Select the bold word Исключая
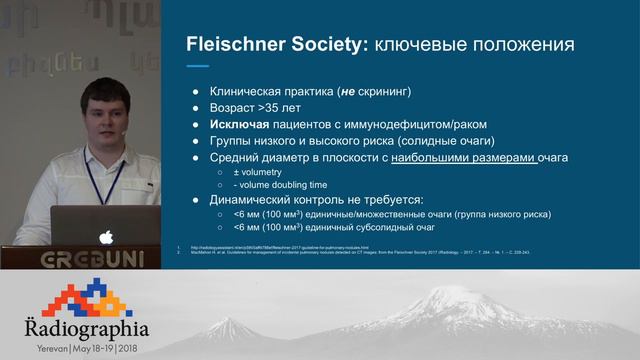[243, 124]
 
